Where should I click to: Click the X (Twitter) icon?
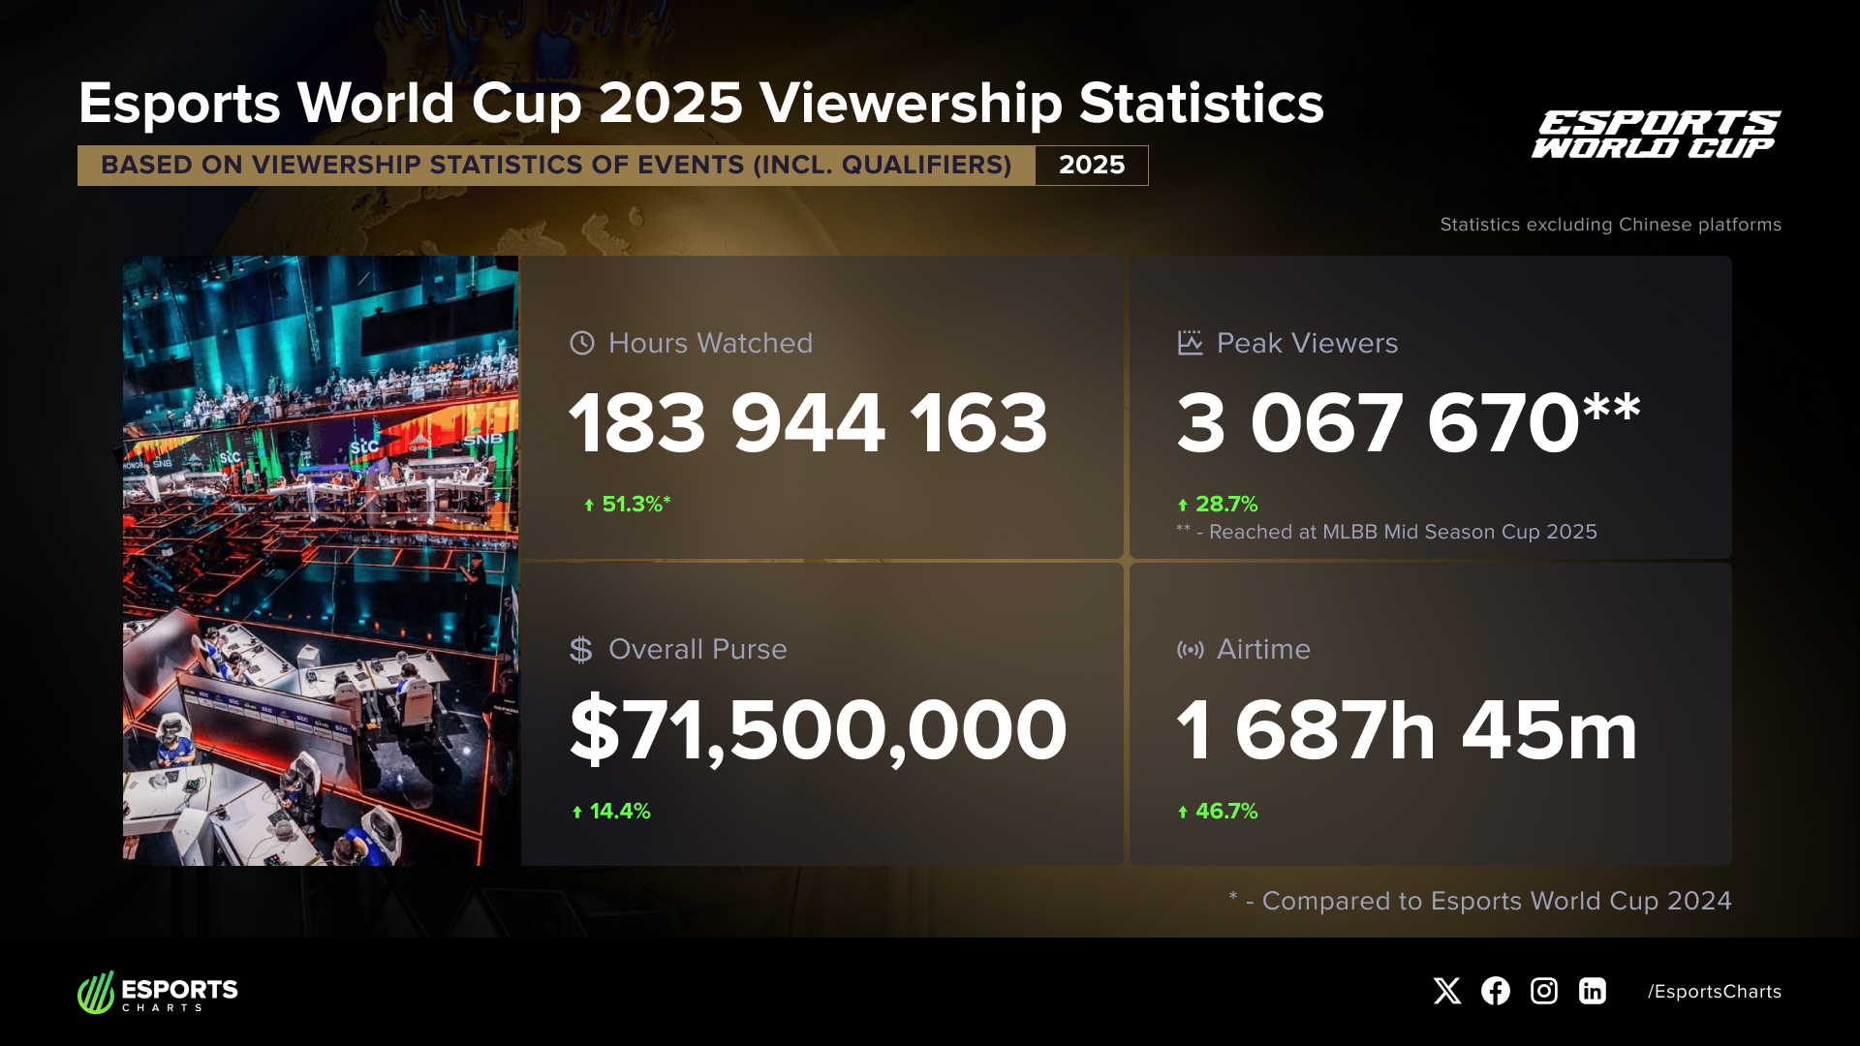point(1446,991)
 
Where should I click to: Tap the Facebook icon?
point(1495,991)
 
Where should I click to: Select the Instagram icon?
point(1543,991)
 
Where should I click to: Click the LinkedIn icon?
point(1592,991)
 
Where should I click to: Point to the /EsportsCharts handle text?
point(1714,992)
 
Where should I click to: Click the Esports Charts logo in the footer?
point(158,993)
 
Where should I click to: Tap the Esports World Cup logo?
point(1656,135)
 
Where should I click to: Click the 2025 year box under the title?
point(1091,166)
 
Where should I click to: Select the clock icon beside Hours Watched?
point(581,343)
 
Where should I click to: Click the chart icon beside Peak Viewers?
point(1190,343)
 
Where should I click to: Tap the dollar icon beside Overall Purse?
point(580,649)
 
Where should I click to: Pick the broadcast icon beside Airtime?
point(1190,649)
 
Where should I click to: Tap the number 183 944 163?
point(808,423)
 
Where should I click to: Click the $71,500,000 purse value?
point(818,731)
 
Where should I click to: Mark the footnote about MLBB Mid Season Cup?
point(1386,532)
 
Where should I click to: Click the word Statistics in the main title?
point(1200,104)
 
